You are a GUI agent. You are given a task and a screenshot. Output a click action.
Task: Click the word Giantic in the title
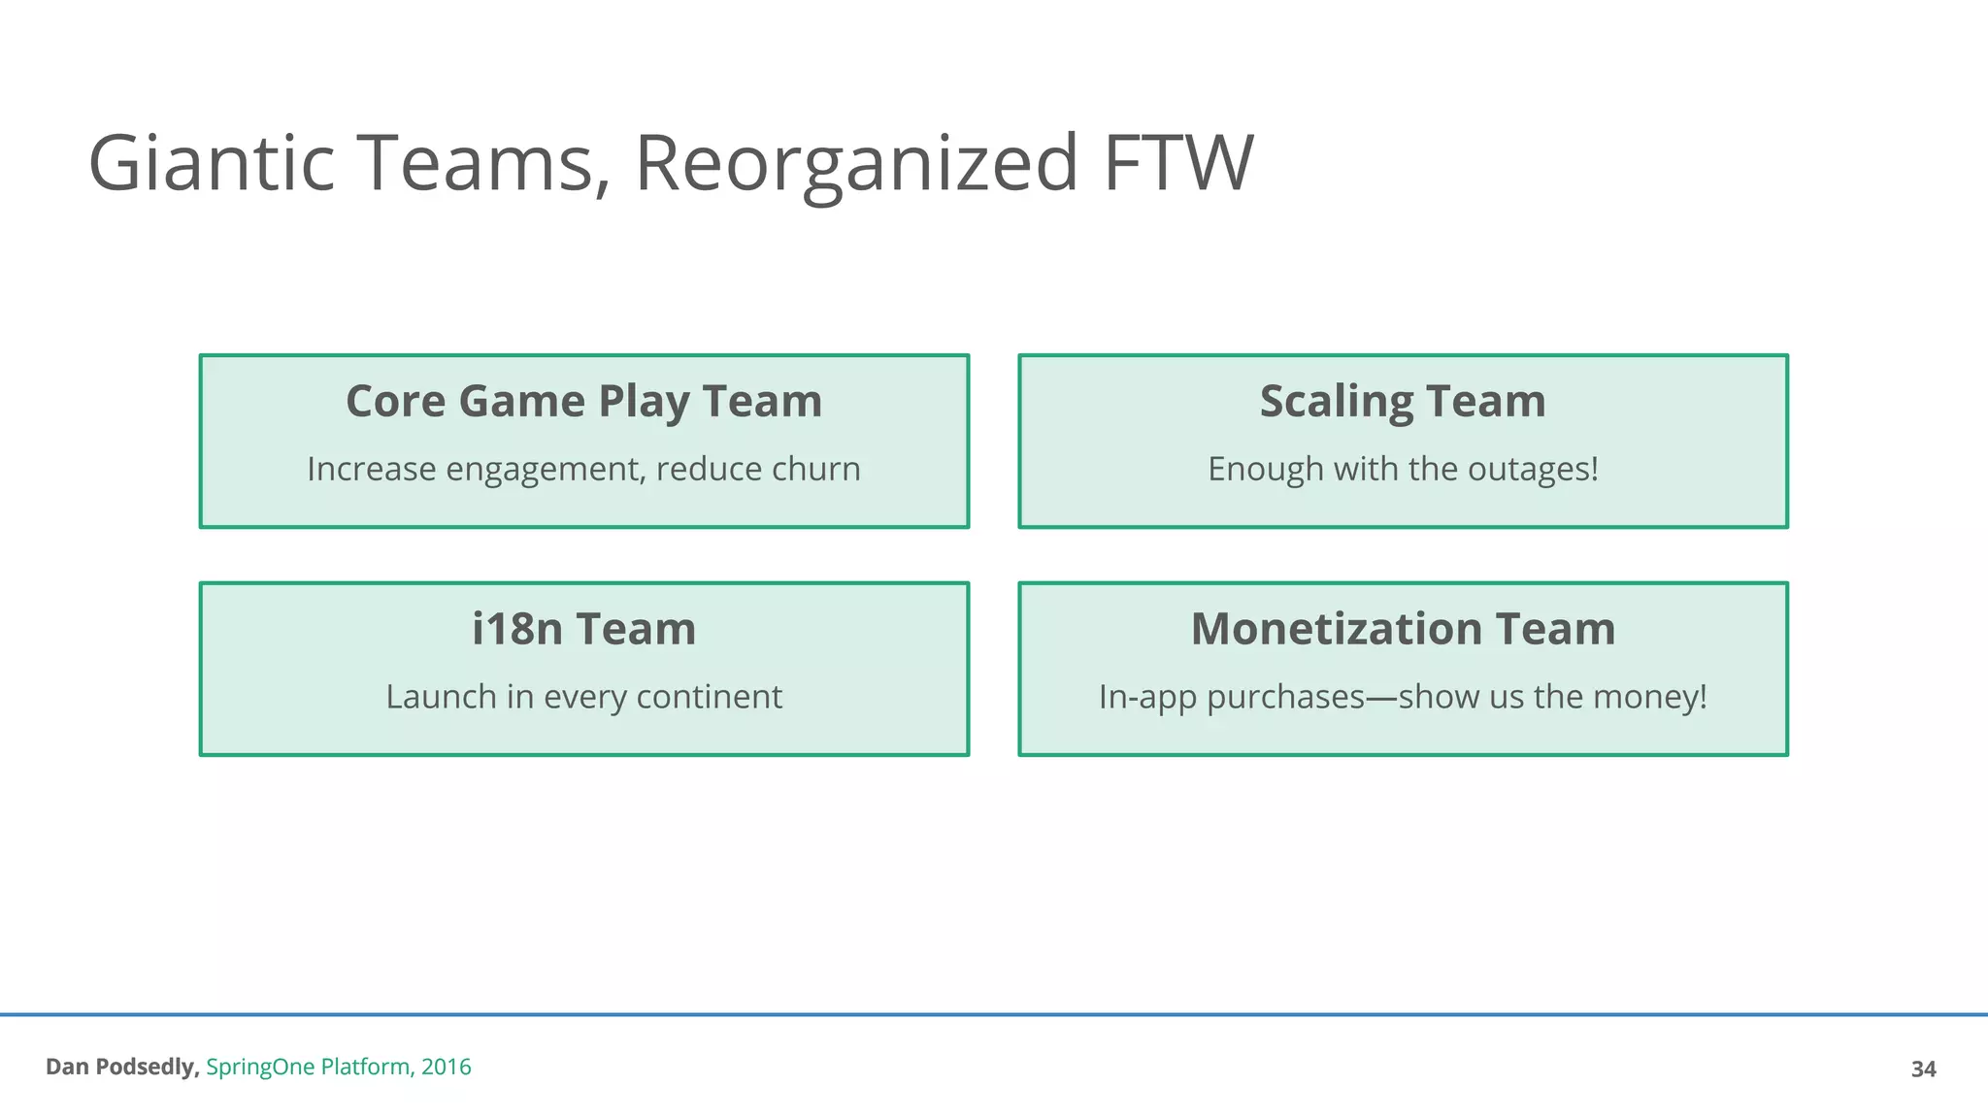212,163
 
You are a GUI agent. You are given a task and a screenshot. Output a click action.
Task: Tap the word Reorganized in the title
856,163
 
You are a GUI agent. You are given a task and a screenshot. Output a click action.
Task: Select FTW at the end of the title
1178,163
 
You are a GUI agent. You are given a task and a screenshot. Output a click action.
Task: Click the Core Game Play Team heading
583,401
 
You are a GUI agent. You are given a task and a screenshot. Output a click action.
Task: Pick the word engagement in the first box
545,470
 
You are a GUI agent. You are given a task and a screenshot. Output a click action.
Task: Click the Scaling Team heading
1403,401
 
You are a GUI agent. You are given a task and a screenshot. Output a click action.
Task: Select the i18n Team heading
583,629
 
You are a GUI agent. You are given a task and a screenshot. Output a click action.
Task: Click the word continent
710,697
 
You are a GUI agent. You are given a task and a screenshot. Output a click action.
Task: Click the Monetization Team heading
1403,629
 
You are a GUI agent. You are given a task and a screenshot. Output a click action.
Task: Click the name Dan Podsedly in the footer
122,1067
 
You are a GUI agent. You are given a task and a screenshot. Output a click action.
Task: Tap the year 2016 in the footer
447,1067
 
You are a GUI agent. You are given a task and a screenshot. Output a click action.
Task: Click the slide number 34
1923,1069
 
